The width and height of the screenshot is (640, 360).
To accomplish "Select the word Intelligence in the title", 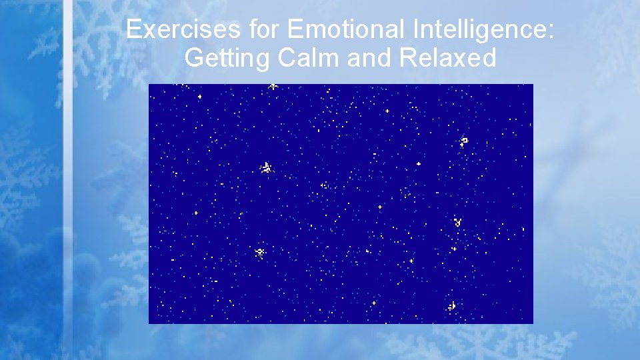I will click(x=479, y=29).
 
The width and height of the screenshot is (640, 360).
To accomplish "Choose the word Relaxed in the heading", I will click(x=447, y=58).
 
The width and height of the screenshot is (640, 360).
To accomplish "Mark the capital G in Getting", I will click(x=195, y=58).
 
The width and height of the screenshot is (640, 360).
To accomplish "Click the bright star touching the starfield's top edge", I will click(x=273, y=86).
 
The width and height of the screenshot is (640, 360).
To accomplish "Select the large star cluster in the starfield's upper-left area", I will click(x=267, y=167).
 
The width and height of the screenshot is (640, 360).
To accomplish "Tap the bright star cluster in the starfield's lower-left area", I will click(x=260, y=252).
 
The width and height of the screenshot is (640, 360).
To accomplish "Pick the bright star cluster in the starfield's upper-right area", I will click(x=464, y=141).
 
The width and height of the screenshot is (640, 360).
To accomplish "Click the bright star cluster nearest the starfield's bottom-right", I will click(x=453, y=306).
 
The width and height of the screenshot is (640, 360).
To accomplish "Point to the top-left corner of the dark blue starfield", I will click(x=149, y=85).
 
